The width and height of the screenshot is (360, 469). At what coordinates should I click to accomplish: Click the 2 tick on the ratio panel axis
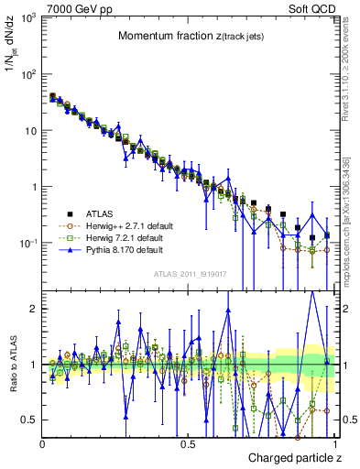[33, 309]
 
